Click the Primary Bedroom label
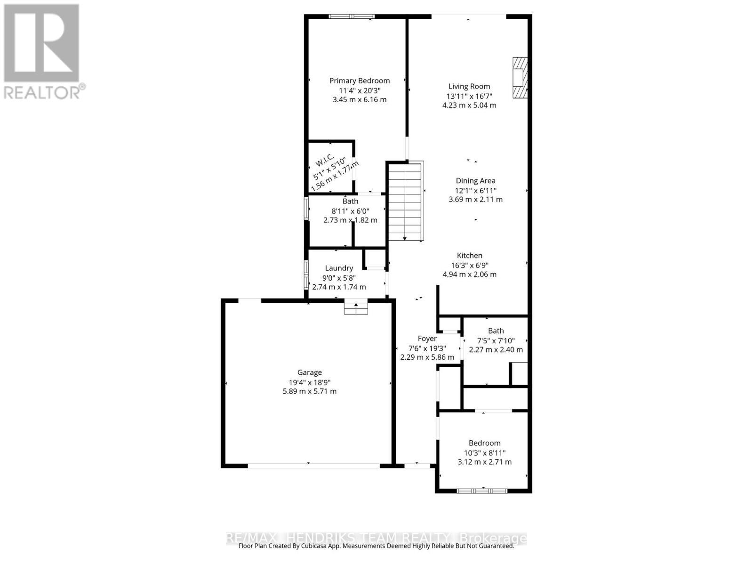click(x=359, y=81)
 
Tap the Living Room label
click(x=469, y=87)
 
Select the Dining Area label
click(x=475, y=181)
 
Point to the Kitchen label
click(x=469, y=256)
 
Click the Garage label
click(x=309, y=372)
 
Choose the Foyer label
click(x=427, y=339)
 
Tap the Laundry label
click(x=339, y=268)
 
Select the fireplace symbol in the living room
click(x=520, y=78)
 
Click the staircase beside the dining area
click(x=405, y=201)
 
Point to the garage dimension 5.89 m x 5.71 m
click(x=309, y=391)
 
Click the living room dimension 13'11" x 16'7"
click(x=469, y=96)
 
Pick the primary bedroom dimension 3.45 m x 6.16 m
click(x=359, y=100)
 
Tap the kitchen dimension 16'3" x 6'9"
click(x=469, y=265)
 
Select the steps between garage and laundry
click(x=356, y=308)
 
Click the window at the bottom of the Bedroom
click(x=481, y=491)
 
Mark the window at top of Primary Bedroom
click(x=352, y=16)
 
